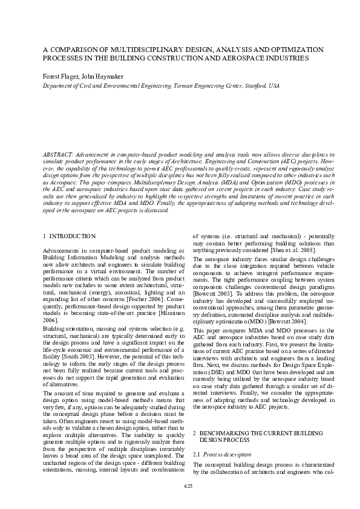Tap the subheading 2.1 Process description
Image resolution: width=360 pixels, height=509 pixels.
226,453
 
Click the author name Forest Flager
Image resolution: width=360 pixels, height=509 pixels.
59,77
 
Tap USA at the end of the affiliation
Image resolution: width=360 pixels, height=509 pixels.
274,86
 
